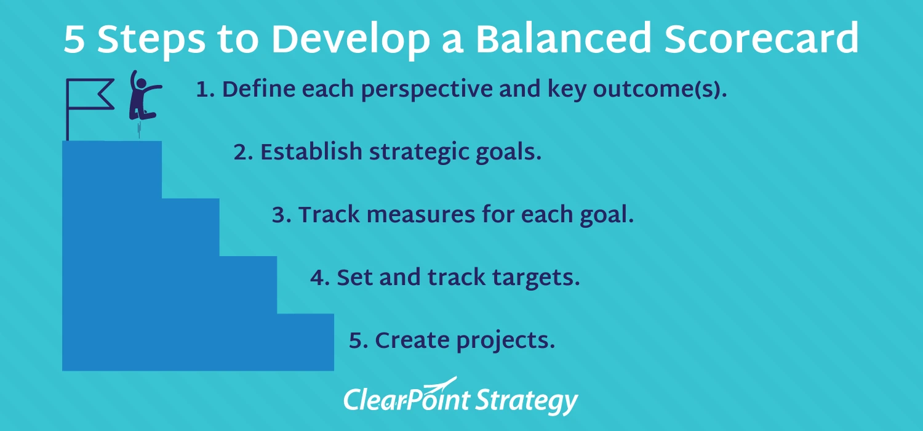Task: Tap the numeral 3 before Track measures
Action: click(279, 216)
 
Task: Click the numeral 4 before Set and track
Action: click(318, 278)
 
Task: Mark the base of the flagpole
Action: click(68, 139)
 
